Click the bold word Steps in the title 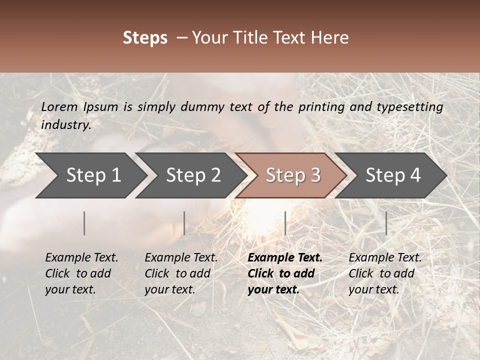point(145,38)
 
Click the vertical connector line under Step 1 point(84,223)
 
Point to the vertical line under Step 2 point(184,223)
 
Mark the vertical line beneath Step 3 point(285,223)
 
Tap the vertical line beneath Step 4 point(386,223)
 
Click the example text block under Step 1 point(81,273)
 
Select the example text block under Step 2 point(181,273)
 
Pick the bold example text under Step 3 point(284,273)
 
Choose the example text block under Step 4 point(384,273)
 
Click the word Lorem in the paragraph point(59,106)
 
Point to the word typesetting point(409,107)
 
